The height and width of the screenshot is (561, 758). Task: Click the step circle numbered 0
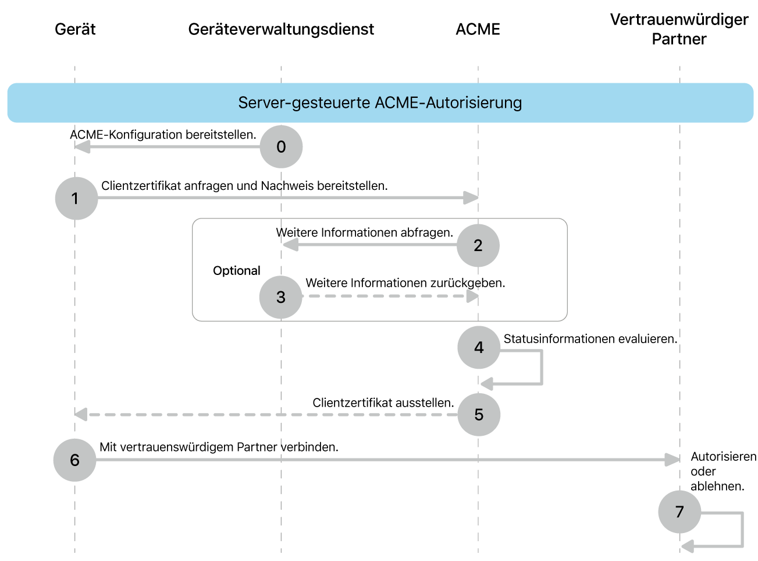click(281, 147)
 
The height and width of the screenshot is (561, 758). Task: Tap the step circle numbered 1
click(76, 199)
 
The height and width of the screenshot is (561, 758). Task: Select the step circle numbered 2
click(478, 245)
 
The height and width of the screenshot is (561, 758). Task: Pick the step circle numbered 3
click(281, 297)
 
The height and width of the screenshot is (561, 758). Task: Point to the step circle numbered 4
click(479, 348)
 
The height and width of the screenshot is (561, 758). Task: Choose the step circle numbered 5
click(479, 415)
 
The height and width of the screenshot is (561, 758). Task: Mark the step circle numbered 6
click(75, 460)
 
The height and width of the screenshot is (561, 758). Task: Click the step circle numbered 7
click(679, 512)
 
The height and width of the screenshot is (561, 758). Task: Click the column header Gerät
click(75, 29)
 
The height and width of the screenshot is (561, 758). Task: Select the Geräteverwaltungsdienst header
click(281, 29)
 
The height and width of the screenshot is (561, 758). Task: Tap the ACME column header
click(478, 29)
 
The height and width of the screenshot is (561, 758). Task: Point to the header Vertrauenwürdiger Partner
click(679, 29)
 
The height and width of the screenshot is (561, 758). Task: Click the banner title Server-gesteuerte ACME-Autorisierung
click(380, 103)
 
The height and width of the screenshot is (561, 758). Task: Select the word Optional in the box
click(236, 271)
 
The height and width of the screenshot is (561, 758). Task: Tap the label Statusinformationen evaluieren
click(590, 339)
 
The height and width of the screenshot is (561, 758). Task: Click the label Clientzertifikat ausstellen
click(383, 403)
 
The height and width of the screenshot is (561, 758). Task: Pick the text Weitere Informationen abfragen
click(364, 232)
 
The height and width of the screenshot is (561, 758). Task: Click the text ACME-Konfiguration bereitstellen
click(163, 135)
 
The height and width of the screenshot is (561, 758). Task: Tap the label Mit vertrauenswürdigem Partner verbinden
click(219, 447)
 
